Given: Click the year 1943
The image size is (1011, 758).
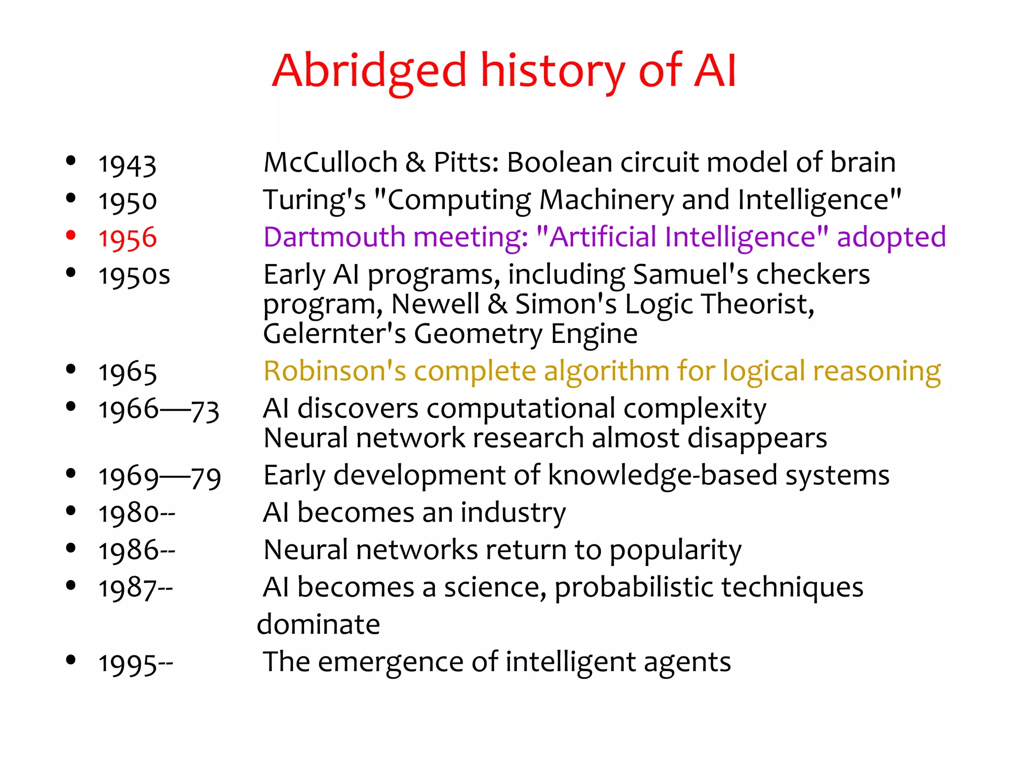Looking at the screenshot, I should pyautogui.click(x=127, y=164).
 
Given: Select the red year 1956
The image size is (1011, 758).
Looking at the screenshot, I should pyautogui.click(x=127, y=238).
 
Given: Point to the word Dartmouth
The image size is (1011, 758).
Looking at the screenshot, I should pyautogui.click(x=334, y=237).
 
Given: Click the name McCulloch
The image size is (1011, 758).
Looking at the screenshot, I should pyautogui.click(x=330, y=162).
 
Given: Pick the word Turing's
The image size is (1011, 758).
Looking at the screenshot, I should pyautogui.click(x=314, y=200).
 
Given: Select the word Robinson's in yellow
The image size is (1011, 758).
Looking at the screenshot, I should pyautogui.click(x=334, y=371).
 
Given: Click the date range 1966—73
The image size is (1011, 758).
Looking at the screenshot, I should pyautogui.click(x=158, y=410).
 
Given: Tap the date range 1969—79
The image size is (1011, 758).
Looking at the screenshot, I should pyautogui.click(x=159, y=477).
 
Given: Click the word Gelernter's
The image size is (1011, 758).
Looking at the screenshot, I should pyautogui.click(x=334, y=334).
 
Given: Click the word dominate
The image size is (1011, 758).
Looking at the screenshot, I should pyautogui.click(x=318, y=624).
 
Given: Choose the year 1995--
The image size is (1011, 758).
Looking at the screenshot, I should pyautogui.click(x=136, y=663).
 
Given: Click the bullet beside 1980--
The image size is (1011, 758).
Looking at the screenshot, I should pyautogui.click(x=71, y=511).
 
